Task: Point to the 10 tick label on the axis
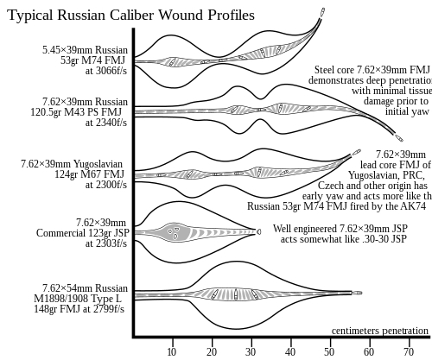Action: (172, 352)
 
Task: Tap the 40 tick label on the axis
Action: (290, 352)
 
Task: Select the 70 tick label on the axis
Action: (409, 352)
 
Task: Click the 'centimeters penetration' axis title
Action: (380, 331)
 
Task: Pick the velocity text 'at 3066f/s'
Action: (106, 71)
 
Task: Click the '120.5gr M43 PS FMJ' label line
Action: (76, 112)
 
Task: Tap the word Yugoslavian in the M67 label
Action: (98, 164)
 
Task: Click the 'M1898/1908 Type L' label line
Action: (78, 299)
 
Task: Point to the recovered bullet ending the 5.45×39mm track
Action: (323, 12)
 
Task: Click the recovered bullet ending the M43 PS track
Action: (399, 138)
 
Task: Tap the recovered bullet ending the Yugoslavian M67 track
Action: (356, 152)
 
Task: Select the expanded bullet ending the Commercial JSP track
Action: (258, 231)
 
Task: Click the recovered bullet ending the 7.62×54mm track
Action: (358, 293)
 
